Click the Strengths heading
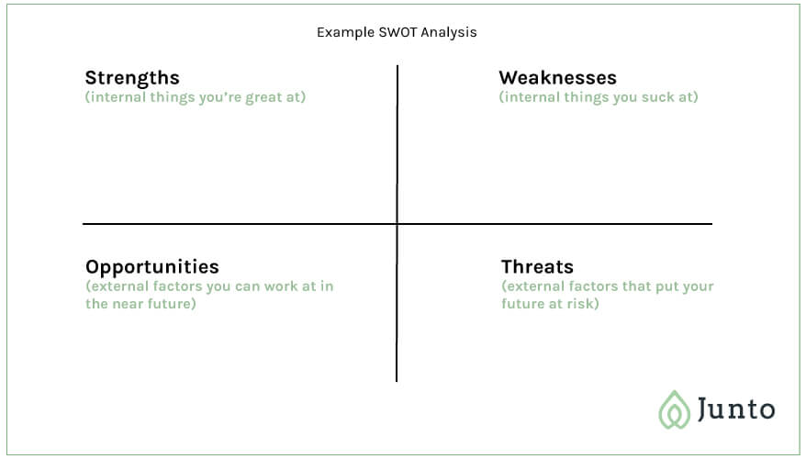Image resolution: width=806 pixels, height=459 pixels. [x=132, y=78]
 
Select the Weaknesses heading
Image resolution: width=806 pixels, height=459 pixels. [x=558, y=78]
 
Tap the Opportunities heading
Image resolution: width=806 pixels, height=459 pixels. [x=152, y=268]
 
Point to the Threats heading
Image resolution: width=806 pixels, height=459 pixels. [x=537, y=267]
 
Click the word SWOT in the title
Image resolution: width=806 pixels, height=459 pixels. [x=397, y=32]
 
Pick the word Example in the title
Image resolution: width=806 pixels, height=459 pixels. [x=345, y=32]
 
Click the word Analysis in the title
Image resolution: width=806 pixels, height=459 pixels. [x=449, y=33]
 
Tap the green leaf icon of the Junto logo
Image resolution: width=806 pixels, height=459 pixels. [x=675, y=410]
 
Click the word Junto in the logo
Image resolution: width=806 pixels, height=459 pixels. [x=736, y=409]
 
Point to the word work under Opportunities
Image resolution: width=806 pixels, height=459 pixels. [x=281, y=286]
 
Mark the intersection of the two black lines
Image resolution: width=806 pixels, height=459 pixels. [x=397, y=224]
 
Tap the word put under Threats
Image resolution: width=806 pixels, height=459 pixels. [x=666, y=287]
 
